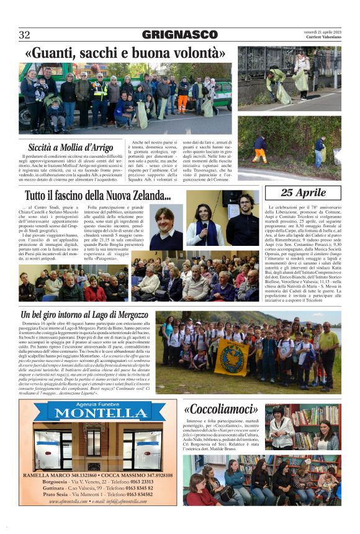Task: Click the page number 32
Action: pos(24,35)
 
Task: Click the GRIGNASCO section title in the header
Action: pos(179,35)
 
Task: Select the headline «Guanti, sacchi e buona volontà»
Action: pos(125,54)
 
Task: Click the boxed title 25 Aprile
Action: pos(303,193)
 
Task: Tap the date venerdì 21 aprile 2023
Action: pos(322,31)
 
